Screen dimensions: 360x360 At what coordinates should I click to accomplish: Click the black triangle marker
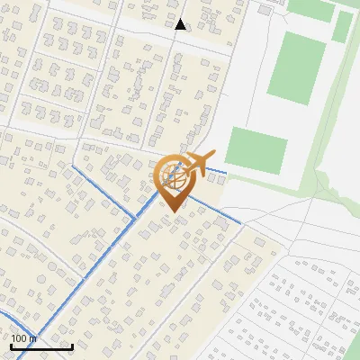pyautogui.click(x=181, y=24)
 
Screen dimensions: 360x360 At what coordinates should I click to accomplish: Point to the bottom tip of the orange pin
pyautogui.click(x=174, y=211)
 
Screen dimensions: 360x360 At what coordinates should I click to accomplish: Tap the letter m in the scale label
pyautogui.click(x=32, y=338)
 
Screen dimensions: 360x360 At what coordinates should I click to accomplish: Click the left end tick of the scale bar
pyautogui.click(x=11, y=346)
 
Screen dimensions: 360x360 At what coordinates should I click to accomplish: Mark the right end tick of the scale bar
pyautogui.click(x=72, y=346)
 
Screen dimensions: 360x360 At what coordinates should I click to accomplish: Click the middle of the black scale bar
pyautogui.click(x=41, y=347)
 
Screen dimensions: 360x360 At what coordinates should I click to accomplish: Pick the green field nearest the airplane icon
pyautogui.click(x=255, y=149)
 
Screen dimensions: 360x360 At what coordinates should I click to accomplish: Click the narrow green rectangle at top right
pyautogui.click(x=343, y=26)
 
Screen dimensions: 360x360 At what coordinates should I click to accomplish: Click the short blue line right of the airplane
pyautogui.click(x=219, y=171)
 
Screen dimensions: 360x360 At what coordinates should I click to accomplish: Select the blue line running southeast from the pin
pyautogui.click(x=216, y=209)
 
